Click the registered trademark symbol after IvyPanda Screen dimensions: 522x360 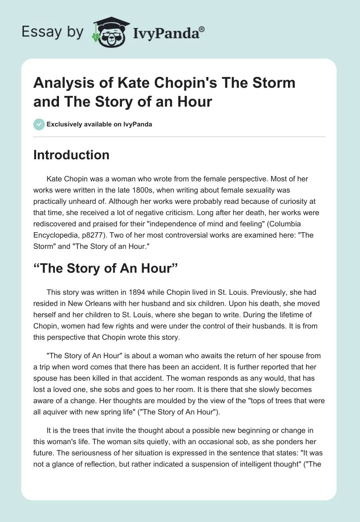[202, 28]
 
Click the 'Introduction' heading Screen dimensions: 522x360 [72, 155]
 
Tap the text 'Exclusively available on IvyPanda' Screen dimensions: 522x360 [99, 124]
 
